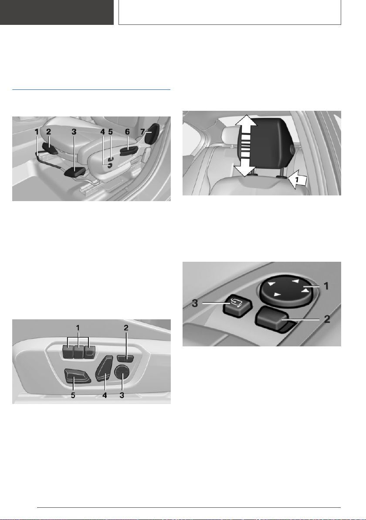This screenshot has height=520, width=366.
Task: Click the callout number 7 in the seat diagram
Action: point(142,132)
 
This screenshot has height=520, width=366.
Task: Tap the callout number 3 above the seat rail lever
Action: point(74,132)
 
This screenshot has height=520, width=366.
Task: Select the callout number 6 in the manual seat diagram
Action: point(128,132)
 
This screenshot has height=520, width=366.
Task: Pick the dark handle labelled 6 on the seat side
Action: point(128,151)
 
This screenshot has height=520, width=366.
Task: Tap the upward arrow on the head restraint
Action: point(245,125)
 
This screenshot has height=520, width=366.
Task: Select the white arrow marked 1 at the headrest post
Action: point(298,180)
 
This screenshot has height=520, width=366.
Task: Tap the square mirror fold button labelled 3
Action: point(237,304)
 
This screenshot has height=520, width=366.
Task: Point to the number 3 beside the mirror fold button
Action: point(195,303)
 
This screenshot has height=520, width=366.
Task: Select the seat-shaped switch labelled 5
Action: point(77,376)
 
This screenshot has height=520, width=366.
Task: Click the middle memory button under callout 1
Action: point(78,352)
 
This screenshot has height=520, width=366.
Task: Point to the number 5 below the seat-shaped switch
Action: point(73,395)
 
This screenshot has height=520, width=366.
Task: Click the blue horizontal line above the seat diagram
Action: point(91,89)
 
